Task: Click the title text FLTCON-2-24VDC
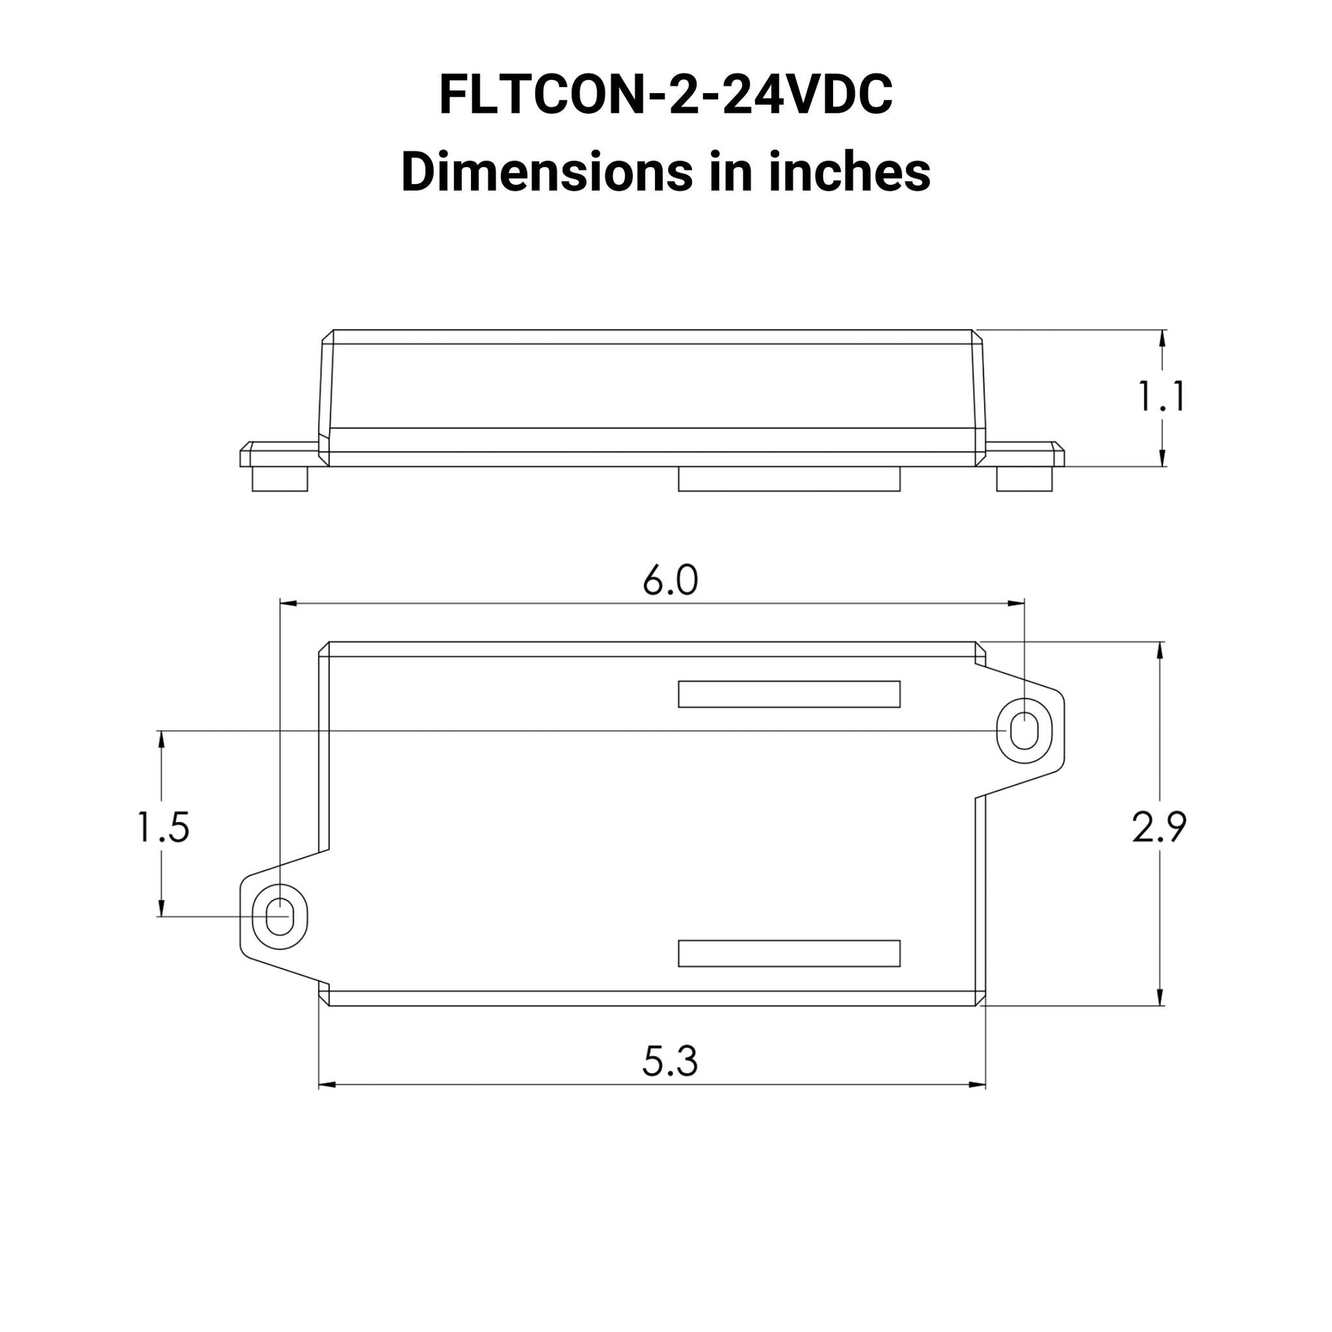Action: [x=665, y=94]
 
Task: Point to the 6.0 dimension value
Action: [x=670, y=580]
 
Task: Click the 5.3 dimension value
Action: [x=670, y=1061]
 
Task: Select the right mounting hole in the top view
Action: [x=1024, y=731]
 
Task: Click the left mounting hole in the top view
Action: [x=280, y=917]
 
